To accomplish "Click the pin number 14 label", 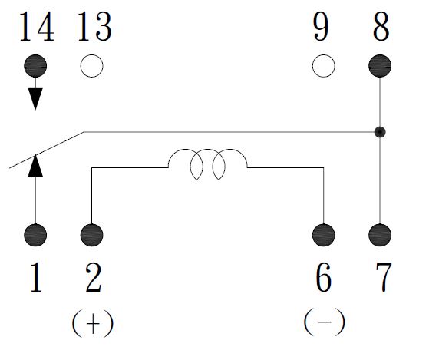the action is point(37,27).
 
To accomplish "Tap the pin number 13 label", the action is point(95,27).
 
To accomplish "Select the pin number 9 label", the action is point(321,27).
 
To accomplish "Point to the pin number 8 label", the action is point(381,27).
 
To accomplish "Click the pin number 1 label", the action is point(36,277).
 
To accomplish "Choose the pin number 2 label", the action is point(94,277).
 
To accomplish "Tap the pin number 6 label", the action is point(323,277).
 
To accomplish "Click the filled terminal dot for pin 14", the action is point(35,66).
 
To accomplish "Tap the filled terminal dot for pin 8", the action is point(380,66).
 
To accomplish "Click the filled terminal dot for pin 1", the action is point(35,235).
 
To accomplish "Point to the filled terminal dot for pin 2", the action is point(91,235).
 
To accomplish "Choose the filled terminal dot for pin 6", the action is point(323,235).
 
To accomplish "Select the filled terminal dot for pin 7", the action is point(380,235).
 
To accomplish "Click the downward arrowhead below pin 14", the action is point(35,98).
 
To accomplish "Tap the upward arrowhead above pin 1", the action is point(35,166).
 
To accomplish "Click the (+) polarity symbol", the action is point(93,323).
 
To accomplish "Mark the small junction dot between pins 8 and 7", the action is point(380,132).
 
